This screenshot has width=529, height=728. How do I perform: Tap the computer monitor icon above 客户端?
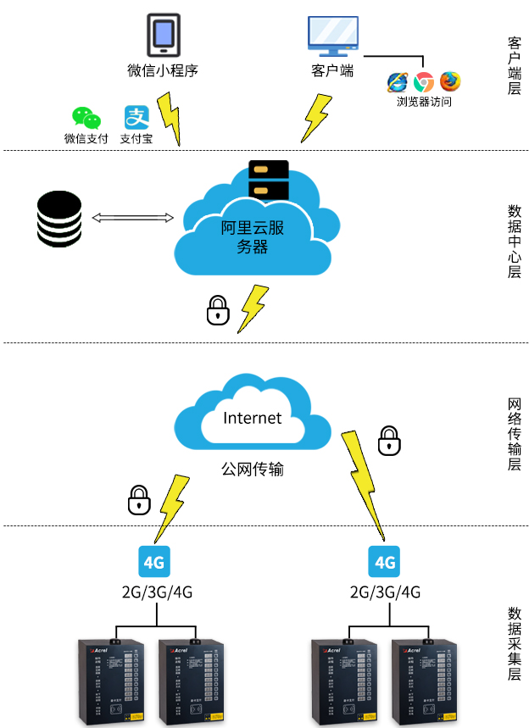tap(331, 36)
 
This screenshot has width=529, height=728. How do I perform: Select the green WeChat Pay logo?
tap(86, 118)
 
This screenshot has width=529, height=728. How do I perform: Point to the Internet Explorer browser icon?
tap(398, 82)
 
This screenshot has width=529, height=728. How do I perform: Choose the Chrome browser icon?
tap(424, 82)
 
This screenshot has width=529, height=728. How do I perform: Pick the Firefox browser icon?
tap(450, 82)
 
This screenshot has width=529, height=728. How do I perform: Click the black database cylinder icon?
tap(59, 219)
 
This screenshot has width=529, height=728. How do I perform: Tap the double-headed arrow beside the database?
tap(132, 219)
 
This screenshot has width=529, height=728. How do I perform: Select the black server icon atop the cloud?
tap(269, 179)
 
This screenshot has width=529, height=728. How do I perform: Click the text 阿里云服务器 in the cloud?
tap(252, 236)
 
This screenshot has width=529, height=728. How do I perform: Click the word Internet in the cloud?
tap(252, 418)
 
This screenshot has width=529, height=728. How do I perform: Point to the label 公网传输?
tap(252, 468)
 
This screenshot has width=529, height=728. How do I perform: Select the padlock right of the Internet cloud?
tap(388, 440)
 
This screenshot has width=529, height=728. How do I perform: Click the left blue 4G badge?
tap(153, 561)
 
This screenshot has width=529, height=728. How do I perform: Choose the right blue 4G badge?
tap(385, 561)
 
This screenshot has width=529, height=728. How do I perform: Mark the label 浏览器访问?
tap(424, 102)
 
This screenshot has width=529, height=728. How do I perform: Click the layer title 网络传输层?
tap(514, 431)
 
